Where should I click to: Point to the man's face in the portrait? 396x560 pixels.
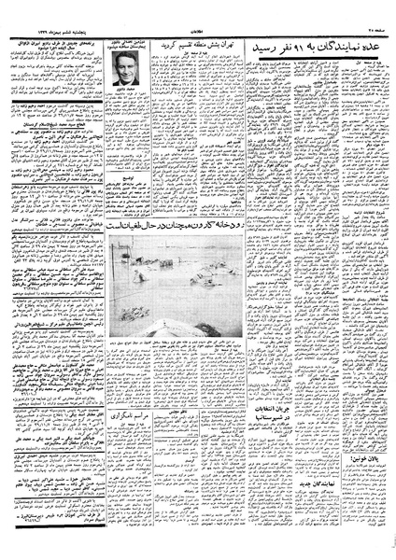(123, 64)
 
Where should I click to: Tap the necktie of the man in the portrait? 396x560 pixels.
(123, 77)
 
